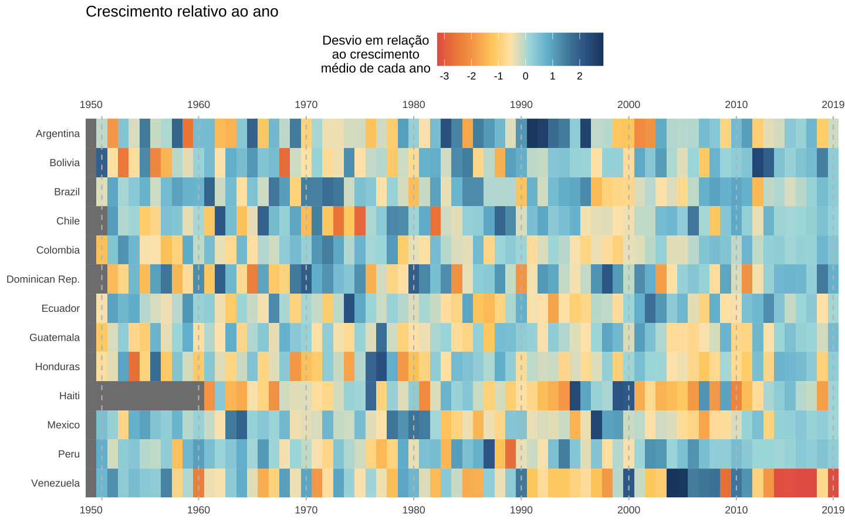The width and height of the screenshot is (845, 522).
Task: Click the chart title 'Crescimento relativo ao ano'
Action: [182, 12]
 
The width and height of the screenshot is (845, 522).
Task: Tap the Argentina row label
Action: [58, 134]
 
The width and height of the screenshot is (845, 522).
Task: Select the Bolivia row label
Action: [65, 163]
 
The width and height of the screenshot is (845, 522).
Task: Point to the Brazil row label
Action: [67, 192]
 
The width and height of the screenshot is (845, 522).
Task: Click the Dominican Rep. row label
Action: [43, 279]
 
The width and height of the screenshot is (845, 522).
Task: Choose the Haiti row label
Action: [69, 396]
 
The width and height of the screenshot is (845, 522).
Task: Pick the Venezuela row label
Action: [55, 483]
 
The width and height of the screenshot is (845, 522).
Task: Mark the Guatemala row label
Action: [55, 338]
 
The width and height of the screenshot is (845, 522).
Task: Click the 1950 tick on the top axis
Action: [91, 105]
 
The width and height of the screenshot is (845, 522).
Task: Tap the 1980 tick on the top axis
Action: [414, 105]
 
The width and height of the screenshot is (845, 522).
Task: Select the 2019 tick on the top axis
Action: [833, 105]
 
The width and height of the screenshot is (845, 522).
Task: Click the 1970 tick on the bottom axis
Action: [306, 510]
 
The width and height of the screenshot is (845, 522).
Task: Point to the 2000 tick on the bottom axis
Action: [628, 510]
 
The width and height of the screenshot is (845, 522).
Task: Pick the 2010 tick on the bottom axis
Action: [736, 510]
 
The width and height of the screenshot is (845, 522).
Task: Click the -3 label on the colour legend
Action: [444, 76]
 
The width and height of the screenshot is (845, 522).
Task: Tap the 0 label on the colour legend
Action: [525, 76]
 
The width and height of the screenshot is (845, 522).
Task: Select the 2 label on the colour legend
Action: [579, 76]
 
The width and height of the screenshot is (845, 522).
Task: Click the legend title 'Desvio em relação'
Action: [376, 41]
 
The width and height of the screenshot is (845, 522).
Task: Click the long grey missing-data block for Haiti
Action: [150, 396]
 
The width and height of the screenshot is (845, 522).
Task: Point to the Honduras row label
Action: [57, 367]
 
